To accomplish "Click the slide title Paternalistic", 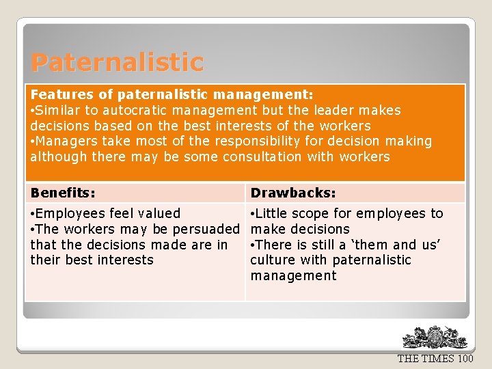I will coord(117,63).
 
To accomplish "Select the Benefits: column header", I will coord(63,193).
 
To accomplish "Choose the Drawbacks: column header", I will coord(293,193).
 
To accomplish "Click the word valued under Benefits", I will coord(158,214).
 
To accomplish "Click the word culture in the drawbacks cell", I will coord(273,260).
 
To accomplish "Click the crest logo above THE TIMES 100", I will coord(435,338).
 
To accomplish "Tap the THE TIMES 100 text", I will coord(435,359).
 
